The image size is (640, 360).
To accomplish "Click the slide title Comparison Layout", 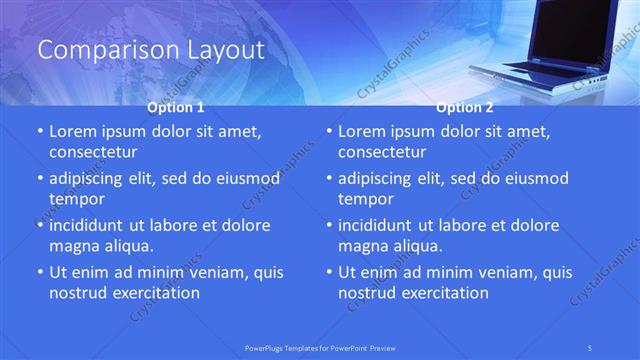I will point(151,49).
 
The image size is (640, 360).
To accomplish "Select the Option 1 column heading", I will point(176,106).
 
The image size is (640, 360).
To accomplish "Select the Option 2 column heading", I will point(465,106).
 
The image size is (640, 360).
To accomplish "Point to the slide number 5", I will point(592,347).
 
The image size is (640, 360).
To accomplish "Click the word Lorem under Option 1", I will point(72,131).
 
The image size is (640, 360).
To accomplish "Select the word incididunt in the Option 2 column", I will point(384,225).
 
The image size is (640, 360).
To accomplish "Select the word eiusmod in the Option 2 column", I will point(537,178).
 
